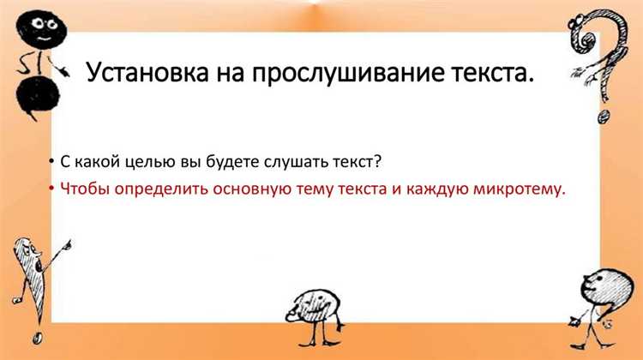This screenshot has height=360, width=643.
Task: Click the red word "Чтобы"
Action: point(84,189)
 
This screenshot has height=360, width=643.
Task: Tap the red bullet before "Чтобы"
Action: point(53,190)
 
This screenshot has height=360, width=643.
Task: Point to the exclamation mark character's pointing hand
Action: point(62,248)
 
